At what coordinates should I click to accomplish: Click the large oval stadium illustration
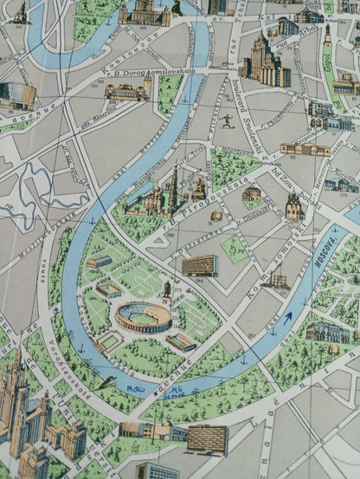coord(143,317)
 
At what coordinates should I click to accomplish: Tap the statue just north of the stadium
coord(166,290)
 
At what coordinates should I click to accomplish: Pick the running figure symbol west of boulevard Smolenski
coord(226,121)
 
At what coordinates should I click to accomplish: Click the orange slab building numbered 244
coord(199,265)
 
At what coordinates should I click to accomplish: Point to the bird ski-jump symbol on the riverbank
coord(107,381)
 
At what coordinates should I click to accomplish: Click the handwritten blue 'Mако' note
coord(136,389)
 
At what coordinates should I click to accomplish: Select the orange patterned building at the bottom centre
coord(207,438)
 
